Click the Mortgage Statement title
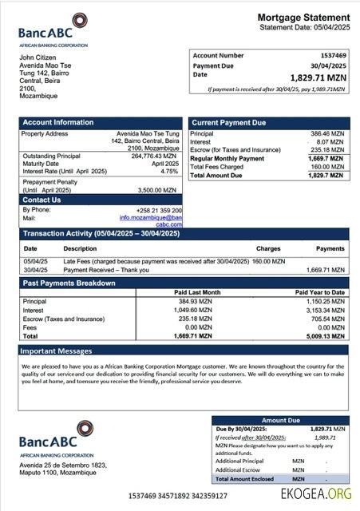pyautogui.click(x=303, y=18)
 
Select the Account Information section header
pyautogui.click(x=58, y=122)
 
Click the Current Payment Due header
pyautogui.click(x=228, y=122)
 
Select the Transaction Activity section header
pyautogui.click(x=101, y=233)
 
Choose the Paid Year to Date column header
pyautogui.click(x=319, y=292)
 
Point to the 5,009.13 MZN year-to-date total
pyautogui.click(x=326, y=336)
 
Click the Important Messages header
pyautogui.click(x=57, y=351)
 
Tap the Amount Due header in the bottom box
pyautogui.click(x=280, y=420)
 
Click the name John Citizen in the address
pyautogui.click(x=38, y=57)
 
